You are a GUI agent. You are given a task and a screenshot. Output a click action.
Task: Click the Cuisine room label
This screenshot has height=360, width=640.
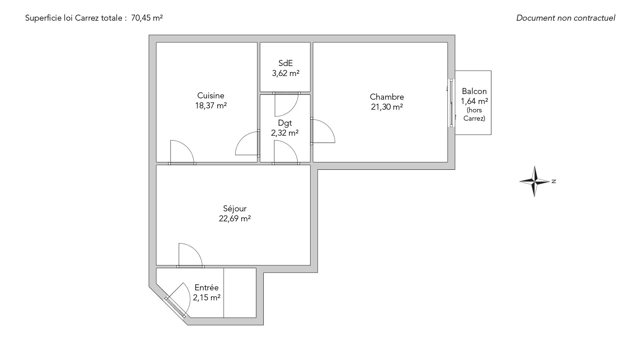click(211, 96)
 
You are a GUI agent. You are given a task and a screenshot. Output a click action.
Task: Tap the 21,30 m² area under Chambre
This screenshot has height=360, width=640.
click(387, 107)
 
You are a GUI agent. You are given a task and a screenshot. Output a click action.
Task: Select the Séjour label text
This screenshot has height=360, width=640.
click(235, 209)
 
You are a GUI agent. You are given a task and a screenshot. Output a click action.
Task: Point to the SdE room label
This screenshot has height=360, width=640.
click(285, 63)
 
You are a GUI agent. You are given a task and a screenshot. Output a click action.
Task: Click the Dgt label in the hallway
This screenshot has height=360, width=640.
click(285, 123)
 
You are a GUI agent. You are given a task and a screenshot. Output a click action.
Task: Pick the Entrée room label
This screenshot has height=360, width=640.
click(207, 287)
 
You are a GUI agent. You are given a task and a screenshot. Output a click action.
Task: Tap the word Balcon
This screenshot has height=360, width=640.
click(474, 91)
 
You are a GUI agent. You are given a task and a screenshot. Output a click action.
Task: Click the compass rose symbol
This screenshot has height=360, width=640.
click(535, 181)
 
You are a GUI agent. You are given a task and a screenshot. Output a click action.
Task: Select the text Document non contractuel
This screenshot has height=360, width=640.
click(566, 18)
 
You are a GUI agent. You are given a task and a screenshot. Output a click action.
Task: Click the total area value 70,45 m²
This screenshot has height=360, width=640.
click(147, 18)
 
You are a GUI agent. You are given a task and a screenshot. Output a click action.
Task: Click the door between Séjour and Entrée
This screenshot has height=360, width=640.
click(191, 255)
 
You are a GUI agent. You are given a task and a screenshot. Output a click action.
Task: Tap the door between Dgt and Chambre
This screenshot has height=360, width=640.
click(323, 131)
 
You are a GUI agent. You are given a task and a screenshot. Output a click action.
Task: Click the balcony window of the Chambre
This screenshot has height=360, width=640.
click(451, 103)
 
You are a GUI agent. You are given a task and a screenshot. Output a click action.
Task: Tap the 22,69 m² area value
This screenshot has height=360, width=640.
click(235, 219)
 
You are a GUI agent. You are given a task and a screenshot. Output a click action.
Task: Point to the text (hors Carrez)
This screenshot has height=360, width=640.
click(474, 114)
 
